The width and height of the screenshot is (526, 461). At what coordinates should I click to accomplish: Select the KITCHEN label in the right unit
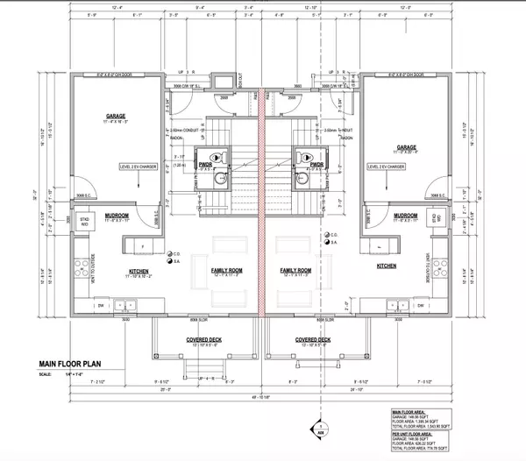click(x=387, y=265)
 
